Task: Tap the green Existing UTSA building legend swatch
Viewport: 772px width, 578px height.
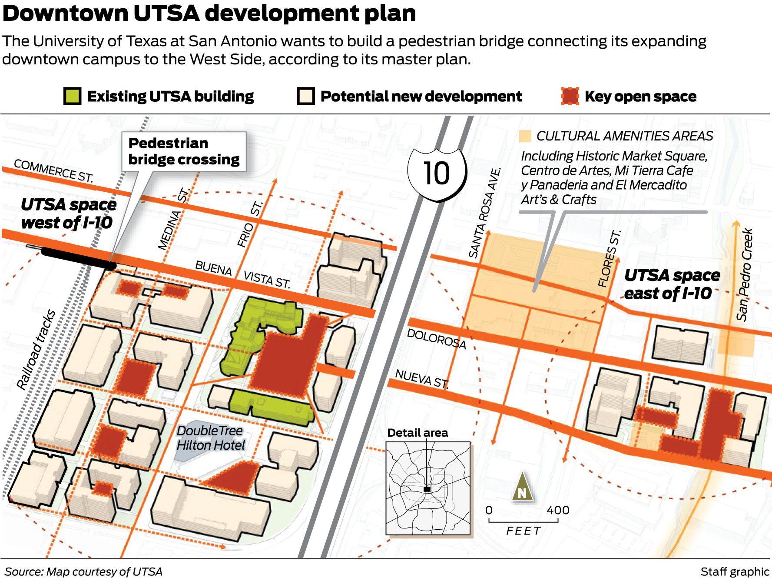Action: tap(72, 96)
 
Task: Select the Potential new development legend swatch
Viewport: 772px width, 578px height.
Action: tap(306, 96)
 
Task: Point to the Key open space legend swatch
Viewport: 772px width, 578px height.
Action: tap(570, 96)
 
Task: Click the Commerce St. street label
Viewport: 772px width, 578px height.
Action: tap(53, 170)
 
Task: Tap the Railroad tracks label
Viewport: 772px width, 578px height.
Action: tap(36, 349)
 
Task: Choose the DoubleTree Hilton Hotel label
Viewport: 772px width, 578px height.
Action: tap(210, 438)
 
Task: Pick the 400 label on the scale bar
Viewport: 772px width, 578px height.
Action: tap(558, 510)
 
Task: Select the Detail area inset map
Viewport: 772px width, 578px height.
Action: tap(428, 488)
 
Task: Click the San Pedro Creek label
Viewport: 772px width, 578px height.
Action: tap(745, 275)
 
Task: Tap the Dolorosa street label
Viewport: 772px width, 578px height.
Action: tap(436, 339)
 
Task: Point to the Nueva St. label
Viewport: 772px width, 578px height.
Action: tap(421, 378)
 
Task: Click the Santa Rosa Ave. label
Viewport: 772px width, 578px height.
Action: tap(485, 214)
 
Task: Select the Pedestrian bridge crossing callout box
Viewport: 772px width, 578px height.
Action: tap(184, 151)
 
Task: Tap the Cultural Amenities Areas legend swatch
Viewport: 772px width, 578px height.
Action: tap(525, 136)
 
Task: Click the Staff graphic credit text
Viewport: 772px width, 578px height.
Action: tap(734, 571)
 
